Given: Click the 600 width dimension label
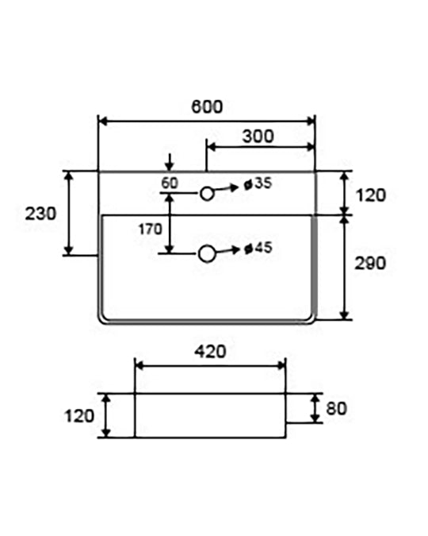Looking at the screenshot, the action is (207, 106).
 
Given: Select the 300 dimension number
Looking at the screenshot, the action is (258, 136).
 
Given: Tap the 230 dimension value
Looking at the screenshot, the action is (40, 214).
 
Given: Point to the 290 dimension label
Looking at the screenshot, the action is (370, 263).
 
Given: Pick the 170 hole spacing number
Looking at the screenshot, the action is (150, 229).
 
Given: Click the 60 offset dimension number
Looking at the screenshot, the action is (170, 183).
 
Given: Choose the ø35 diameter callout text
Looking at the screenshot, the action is (258, 183).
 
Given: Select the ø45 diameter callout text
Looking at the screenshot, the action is (258, 248).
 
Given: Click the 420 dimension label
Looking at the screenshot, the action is (210, 352).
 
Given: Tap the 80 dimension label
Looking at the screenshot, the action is (336, 408).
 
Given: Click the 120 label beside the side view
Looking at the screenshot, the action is (79, 416).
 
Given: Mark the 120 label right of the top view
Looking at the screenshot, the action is (371, 195).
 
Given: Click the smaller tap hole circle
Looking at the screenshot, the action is (207, 194).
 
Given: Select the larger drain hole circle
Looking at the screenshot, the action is (207, 253).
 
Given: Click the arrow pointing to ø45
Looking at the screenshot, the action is (227, 251).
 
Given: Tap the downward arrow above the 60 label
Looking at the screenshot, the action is (170, 162).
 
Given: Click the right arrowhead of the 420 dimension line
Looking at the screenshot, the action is (281, 366).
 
